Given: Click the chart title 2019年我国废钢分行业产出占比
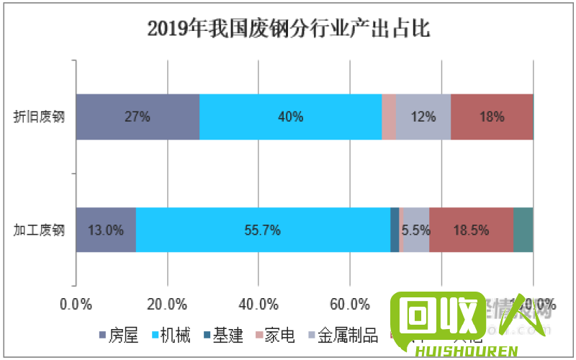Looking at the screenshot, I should [x=288, y=28].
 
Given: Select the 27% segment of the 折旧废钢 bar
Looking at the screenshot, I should [x=138, y=117].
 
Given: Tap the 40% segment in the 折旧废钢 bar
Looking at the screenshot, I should [x=290, y=117].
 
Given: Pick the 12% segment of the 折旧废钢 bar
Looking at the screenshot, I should [x=423, y=117].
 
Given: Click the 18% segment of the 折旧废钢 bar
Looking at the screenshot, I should [x=492, y=117].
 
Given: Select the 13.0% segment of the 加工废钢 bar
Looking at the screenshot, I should [x=106, y=230].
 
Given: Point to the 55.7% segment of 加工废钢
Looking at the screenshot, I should [x=263, y=230].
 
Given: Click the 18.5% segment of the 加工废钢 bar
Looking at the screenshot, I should [x=471, y=230].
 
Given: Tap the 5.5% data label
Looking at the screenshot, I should [x=416, y=230].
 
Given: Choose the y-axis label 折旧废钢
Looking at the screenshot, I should [x=40, y=117].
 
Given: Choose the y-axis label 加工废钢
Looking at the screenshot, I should [x=40, y=230].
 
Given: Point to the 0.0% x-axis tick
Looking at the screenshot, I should [x=76, y=303].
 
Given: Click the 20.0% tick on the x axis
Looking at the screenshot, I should [x=167, y=303].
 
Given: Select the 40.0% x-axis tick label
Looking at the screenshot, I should [x=258, y=303].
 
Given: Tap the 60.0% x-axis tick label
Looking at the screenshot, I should [x=350, y=303].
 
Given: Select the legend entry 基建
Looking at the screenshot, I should [x=221, y=336].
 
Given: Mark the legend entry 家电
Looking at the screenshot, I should [x=273, y=336].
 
